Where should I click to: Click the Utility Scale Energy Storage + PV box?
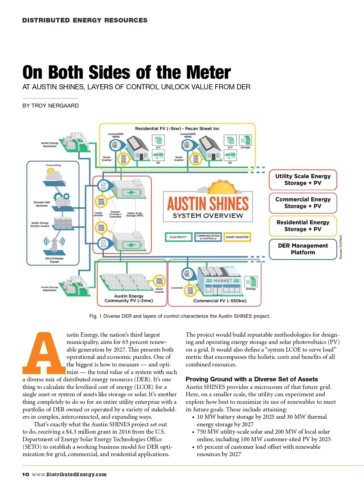pyautogui.click(x=303, y=180)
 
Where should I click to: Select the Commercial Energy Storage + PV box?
pyautogui.click(x=303, y=203)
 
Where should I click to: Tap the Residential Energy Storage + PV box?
pyautogui.click(x=303, y=226)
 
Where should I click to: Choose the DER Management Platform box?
pyautogui.click(x=303, y=249)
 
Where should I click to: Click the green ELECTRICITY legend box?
pyautogui.click(x=178, y=237)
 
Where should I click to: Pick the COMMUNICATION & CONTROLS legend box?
pyautogui.click(x=208, y=237)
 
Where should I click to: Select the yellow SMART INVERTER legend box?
pyautogui.click(x=237, y=237)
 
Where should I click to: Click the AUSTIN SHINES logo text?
pyautogui.click(x=208, y=204)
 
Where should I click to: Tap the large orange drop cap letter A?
pyautogui.click(x=44, y=354)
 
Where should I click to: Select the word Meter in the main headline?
pyautogui.click(x=208, y=73)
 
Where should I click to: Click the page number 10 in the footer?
pyautogui.click(x=25, y=474)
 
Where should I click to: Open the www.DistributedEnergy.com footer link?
pyautogui.click(x=69, y=474)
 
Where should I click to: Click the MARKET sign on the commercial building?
pyautogui.click(x=223, y=281)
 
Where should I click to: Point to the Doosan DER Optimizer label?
pyautogui.click(x=42, y=204)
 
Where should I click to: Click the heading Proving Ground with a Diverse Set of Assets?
pyautogui.click(x=252, y=379)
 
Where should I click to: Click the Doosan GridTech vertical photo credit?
pyautogui.click(x=341, y=247)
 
